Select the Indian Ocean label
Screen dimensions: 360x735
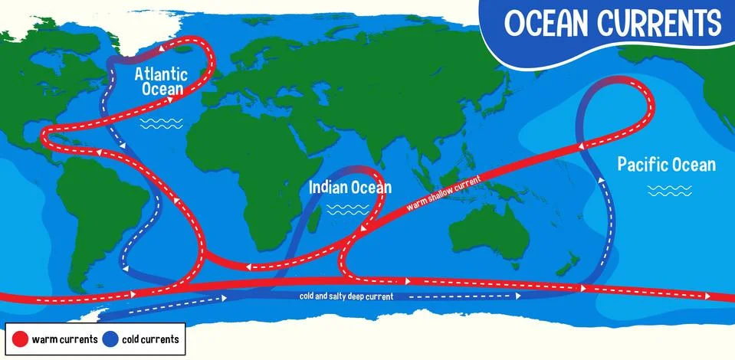pyautogui.click(x=349, y=187)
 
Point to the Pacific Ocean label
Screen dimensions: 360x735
pyautogui.click(x=666, y=165)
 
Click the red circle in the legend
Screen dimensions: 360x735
pyautogui.click(x=20, y=339)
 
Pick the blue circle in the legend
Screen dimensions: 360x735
pyautogui.click(x=112, y=339)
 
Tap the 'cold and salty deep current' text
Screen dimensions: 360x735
pyautogui.click(x=346, y=296)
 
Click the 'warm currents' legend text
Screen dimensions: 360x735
pyautogui.click(x=64, y=339)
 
